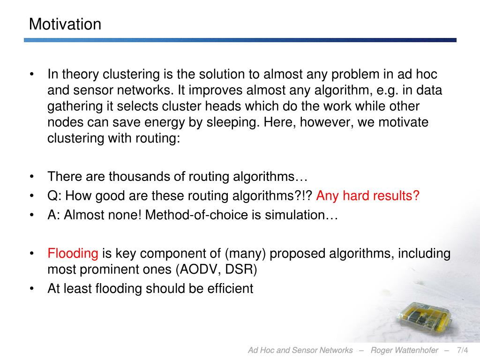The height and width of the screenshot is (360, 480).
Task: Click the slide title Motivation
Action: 65,24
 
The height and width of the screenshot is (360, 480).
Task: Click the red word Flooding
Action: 73,254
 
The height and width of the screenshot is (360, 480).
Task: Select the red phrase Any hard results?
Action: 367,196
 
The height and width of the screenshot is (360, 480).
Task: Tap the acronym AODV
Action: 200,270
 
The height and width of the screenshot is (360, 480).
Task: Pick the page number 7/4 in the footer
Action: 462,350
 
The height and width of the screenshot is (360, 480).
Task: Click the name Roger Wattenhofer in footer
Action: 405,350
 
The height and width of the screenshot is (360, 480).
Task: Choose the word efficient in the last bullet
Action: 230,288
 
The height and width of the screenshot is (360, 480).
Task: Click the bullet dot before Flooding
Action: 32,254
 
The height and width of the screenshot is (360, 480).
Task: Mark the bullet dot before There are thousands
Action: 32,177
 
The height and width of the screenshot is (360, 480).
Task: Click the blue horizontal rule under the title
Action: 240,40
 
